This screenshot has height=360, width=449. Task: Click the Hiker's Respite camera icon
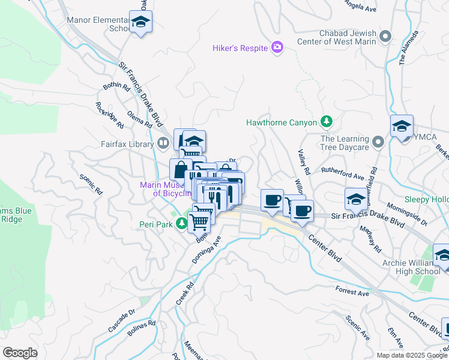pyautogui.click(x=277, y=47)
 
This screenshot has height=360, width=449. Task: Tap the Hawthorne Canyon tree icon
pyautogui.click(x=326, y=122)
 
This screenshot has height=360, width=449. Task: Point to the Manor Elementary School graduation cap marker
pyautogui.click(x=140, y=22)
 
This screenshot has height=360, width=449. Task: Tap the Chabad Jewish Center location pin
pyautogui.click(x=385, y=35)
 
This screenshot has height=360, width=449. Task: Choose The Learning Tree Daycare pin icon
pyautogui.click(x=378, y=142)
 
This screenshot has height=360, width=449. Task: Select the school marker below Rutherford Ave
pyautogui.click(x=356, y=199)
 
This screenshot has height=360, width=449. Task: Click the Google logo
pyautogui.click(x=20, y=352)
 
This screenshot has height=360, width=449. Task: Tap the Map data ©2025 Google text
pyautogui.click(x=411, y=355)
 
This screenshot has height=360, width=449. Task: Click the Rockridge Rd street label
pyautogui.click(x=109, y=115)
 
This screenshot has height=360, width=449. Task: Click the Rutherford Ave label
pyautogui.click(x=343, y=173)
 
